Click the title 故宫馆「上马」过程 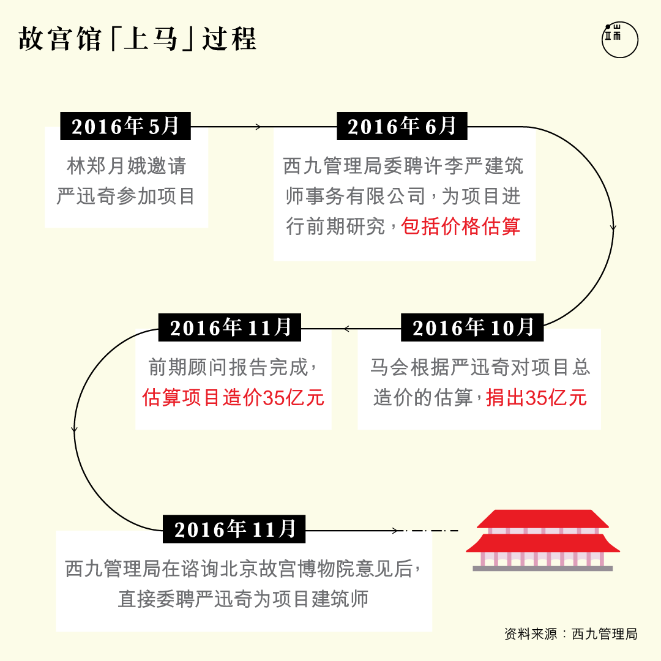point(138,39)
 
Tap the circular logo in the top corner point(619,40)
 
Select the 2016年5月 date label point(125,126)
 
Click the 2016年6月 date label point(402,126)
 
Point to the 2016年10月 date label point(472,327)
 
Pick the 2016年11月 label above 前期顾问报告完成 point(230,327)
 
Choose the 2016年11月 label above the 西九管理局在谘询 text point(234,529)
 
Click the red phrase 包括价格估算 point(461,226)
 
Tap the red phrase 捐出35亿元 point(536,398)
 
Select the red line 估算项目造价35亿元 point(233,398)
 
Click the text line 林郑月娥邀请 point(127,166)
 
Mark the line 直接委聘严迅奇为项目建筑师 point(243,599)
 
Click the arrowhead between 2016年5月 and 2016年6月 point(258,127)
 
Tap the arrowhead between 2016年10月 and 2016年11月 point(347,329)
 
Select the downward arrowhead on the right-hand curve point(613,228)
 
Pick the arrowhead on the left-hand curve point(75,430)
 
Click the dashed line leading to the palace point(431,530)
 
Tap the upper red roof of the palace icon point(543,519)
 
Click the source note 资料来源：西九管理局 point(571,633)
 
